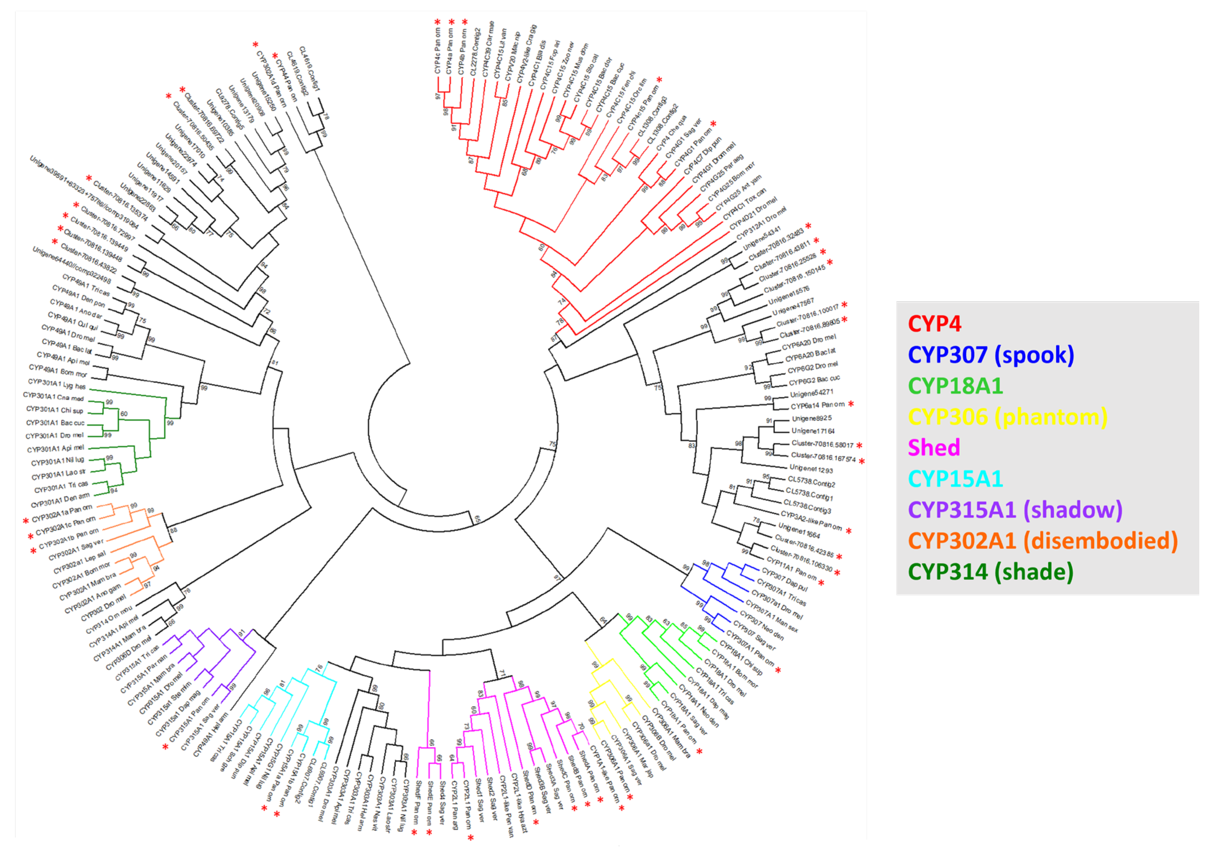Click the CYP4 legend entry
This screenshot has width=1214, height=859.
pyautogui.click(x=934, y=324)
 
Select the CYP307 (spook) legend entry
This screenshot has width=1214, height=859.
pyautogui.click(x=991, y=355)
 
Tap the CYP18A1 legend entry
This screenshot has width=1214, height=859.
pyautogui.click(x=955, y=386)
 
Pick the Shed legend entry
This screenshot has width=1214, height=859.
pyautogui.click(x=934, y=448)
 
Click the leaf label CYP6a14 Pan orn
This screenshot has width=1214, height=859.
pyautogui.click(x=817, y=406)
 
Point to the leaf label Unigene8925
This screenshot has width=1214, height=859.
pyautogui.click(x=812, y=419)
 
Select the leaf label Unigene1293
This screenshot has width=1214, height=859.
pyautogui.click(x=811, y=469)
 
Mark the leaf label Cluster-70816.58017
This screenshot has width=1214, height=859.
pyautogui.click(x=822, y=444)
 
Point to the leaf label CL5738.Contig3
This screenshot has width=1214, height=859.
pyautogui.click(x=807, y=506)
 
